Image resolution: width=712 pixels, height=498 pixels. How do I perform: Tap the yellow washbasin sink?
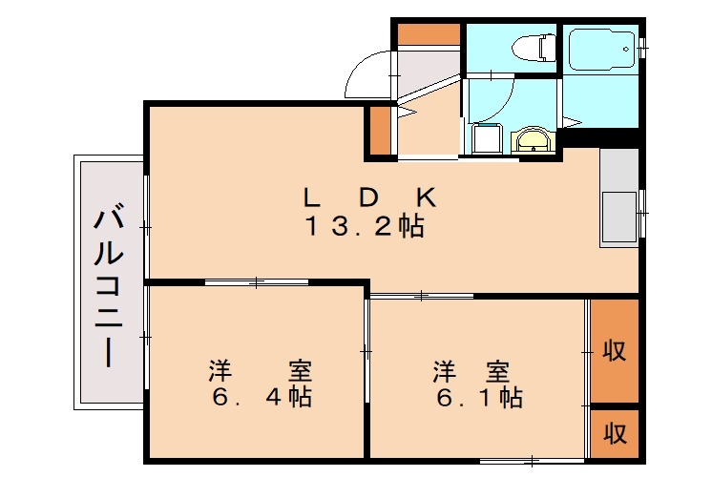[532, 142]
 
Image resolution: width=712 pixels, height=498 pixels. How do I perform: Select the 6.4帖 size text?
[262, 396]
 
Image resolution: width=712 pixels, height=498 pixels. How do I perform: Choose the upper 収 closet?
[615, 350]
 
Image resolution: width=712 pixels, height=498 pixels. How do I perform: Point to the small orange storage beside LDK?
[380, 131]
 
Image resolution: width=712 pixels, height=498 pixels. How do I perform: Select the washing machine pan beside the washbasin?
[486, 139]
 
